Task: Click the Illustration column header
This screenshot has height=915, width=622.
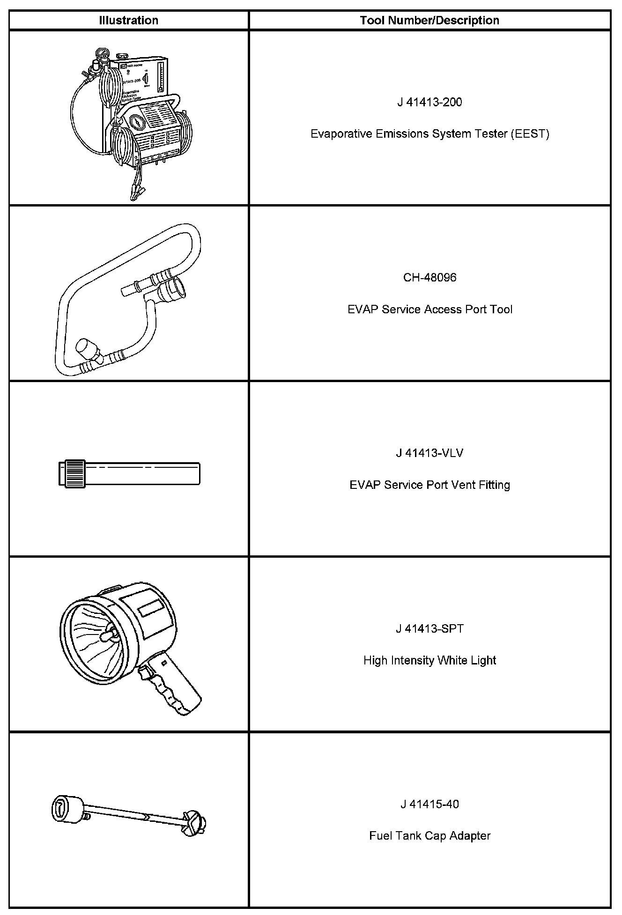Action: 128,20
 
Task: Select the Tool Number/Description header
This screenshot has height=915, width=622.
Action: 429,20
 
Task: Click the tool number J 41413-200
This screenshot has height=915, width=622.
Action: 429,102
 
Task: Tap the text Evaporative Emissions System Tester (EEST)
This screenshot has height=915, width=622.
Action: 429,134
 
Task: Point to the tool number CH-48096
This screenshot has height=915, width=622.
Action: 429,278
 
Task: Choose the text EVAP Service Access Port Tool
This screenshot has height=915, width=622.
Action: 429,310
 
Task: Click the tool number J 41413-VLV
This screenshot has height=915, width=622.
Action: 429,453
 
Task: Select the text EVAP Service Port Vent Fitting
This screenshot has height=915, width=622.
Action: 429,485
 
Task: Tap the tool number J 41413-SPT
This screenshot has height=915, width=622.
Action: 429,629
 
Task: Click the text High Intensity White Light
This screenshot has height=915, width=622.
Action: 429,661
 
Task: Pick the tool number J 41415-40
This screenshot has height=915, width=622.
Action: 429,804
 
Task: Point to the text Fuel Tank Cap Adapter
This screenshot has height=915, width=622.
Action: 429,836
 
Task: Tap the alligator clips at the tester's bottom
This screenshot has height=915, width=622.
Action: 136,192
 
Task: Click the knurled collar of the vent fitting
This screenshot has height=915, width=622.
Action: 75,473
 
